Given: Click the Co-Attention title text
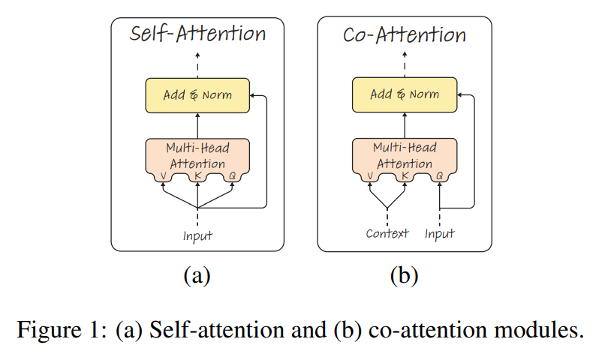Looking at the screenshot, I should click(x=404, y=34).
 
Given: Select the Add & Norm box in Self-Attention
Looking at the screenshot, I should click(x=197, y=95).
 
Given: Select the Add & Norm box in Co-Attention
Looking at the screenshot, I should click(x=404, y=95).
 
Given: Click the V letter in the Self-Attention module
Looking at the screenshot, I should click(x=162, y=176).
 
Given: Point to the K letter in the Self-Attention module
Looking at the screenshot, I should click(x=198, y=176).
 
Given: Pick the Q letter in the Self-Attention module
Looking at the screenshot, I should click(x=233, y=176).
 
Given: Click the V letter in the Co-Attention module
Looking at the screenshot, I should click(x=369, y=176).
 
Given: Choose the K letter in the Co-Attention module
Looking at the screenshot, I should click(x=405, y=176).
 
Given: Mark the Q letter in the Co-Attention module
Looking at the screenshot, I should click(x=439, y=176).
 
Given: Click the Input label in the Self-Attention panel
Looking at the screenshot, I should click(x=197, y=235).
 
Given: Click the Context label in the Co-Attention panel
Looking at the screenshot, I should click(x=387, y=233).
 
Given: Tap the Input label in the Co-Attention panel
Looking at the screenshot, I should click(x=439, y=234).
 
